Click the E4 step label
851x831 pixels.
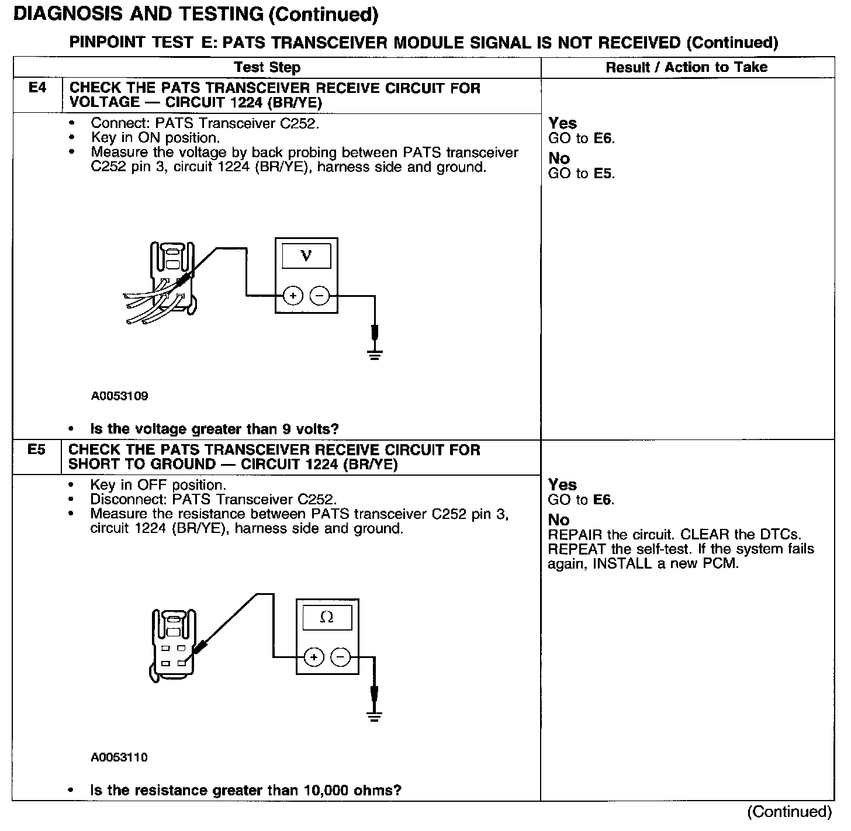(x=37, y=88)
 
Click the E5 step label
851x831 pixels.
(x=36, y=450)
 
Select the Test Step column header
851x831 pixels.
(x=267, y=67)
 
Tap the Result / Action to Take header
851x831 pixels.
(x=686, y=67)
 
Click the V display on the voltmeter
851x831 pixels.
(x=306, y=255)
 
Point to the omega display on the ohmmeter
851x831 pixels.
(x=327, y=617)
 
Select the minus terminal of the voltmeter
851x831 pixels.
(x=319, y=296)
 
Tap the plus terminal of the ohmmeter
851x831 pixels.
(x=314, y=657)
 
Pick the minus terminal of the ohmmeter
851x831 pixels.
(x=340, y=657)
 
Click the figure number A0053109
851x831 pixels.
(x=119, y=396)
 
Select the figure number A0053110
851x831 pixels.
(x=119, y=757)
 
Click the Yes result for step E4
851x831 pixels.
(x=562, y=123)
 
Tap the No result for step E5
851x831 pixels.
(x=559, y=520)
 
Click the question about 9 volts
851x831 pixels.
(x=214, y=429)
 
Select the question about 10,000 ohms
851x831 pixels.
(x=245, y=791)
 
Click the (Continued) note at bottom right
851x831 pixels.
(x=789, y=812)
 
